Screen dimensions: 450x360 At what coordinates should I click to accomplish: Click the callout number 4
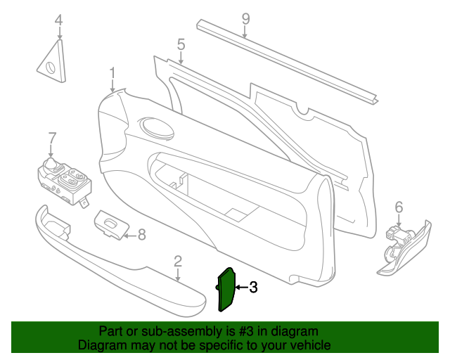[x=59, y=20]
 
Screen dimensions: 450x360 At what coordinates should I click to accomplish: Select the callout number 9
[x=245, y=19]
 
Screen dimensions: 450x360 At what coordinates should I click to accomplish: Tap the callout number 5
[x=181, y=44]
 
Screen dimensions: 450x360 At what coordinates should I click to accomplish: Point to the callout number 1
[x=112, y=73]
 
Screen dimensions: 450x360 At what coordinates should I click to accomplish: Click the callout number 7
[x=51, y=138]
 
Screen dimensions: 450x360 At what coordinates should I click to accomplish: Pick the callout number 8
[x=142, y=235]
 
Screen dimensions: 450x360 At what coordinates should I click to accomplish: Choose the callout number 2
[x=178, y=262]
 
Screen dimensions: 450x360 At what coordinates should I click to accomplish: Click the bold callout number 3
[x=253, y=287]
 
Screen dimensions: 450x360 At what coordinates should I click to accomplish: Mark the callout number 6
[x=399, y=207]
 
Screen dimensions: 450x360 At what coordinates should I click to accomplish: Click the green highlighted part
[x=226, y=290]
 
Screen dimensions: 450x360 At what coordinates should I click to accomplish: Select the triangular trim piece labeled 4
[x=52, y=62]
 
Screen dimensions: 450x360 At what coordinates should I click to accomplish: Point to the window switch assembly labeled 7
[x=65, y=181]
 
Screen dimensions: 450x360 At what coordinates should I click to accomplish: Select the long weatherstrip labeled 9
[x=288, y=62]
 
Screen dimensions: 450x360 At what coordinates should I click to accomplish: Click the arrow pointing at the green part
[x=242, y=287]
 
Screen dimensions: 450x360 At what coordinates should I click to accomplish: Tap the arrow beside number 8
[x=131, y=236]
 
